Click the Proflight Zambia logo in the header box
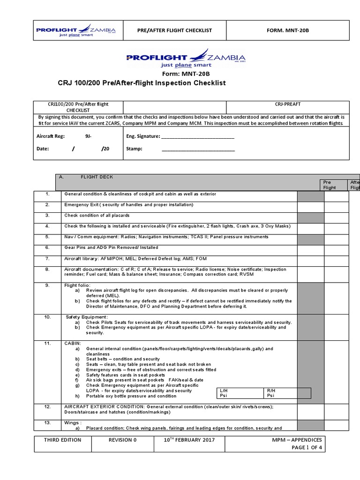click(x=76, y=30)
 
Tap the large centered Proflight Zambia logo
click(x=186, y=60)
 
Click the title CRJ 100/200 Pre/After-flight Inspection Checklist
click(x=141, y=83)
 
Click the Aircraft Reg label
click(x=51, y=136)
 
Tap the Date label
click(x=42, y=149)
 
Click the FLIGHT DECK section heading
click(x=97, y=177)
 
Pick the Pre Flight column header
click(x=330, y=185)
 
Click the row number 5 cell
click(x=47, y=237)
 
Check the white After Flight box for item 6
click(x=336, y=249)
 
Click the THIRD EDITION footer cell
click(x=62, y=440)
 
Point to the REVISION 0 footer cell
click(x=122, y=440)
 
